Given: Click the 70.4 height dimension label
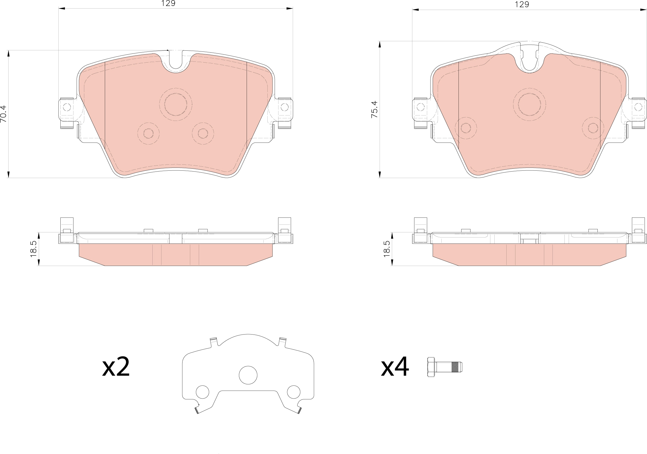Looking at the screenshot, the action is [3, 114].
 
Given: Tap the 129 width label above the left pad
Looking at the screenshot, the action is [168, 3].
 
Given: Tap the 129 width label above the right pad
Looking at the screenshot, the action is [522, 4].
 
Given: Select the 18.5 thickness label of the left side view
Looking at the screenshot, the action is [33, 249].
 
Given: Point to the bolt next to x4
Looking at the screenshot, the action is [445, 367].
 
